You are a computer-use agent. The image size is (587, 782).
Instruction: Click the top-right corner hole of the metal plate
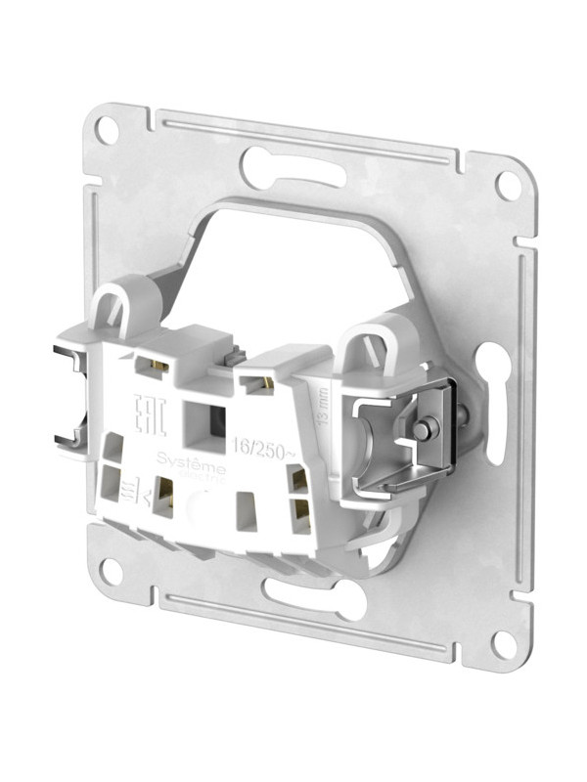[508, 183]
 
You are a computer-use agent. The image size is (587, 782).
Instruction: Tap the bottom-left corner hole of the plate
[109, 570]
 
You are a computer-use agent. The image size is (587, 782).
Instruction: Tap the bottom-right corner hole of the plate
[504, 643]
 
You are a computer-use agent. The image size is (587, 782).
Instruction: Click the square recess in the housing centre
[207, 419]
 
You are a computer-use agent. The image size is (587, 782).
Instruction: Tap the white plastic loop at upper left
[119, 304]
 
